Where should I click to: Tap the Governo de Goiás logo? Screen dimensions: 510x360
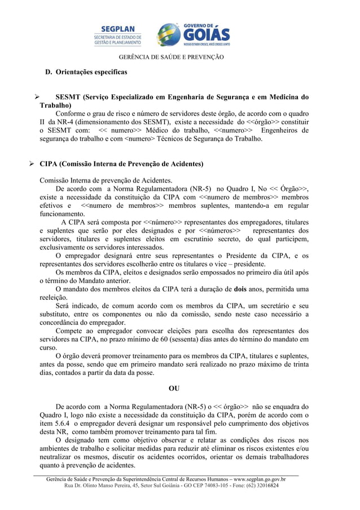[x=192, y=34]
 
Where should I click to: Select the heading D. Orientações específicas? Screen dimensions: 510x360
[x=86, y=72]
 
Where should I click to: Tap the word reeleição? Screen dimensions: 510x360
[x=53, y=298]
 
